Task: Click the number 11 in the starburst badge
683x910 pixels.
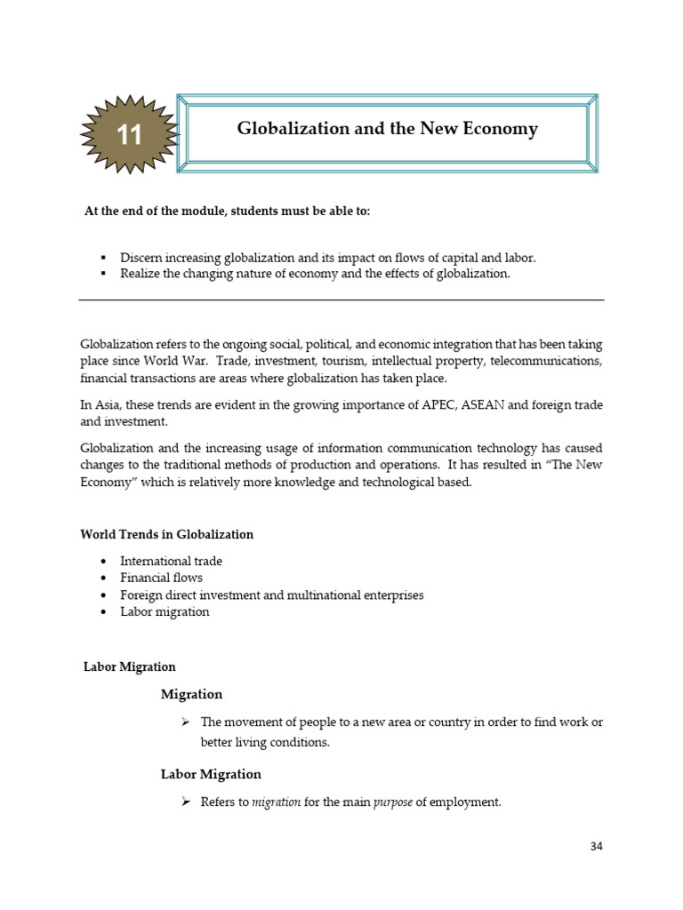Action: [x=129, y=135]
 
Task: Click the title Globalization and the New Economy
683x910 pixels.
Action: [x=387, y=129]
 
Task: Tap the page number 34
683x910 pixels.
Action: [x=596, y=845]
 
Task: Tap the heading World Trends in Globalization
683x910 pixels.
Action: [x=166, y=534]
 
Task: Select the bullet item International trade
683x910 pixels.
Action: [x=171, y=561]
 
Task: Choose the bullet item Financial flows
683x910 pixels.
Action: [x=161, y=578]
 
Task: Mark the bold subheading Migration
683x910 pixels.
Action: [x=191, y=694]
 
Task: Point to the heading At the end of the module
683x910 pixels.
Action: [x=227, y=212]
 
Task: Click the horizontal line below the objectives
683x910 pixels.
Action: [x=341, y=300]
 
